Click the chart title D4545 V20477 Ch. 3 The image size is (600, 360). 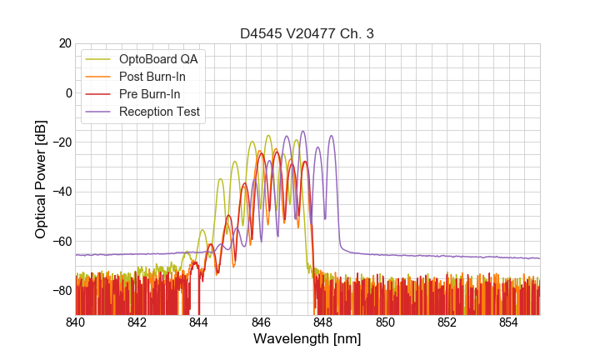[x=307, y=33]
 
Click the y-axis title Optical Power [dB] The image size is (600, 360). [x=41, y=179]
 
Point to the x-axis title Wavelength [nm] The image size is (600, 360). [x=307, y=339]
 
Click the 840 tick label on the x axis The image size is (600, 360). [x=76, y=322]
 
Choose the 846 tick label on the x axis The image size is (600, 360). [x=261, y=322]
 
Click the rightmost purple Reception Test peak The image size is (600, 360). [x=331, y=136]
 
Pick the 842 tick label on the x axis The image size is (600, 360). [x=137, y=322]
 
